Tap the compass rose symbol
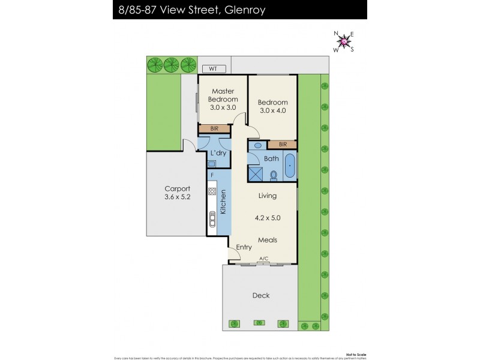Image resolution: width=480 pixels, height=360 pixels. (x=344, y=41)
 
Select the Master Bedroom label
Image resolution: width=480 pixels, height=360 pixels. (x=223, y=95)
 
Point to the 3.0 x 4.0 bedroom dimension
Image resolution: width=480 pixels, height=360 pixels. (x=273, y=110)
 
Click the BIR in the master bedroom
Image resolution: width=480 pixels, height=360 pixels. (x=214, y=128)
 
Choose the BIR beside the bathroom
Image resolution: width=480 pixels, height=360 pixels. (x=282, y=145)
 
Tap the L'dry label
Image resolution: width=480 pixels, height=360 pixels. (x=218, y=153)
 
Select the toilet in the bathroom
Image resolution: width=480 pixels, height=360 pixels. (x=274, y=175)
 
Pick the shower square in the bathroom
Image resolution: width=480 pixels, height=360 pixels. (x=257, y=173)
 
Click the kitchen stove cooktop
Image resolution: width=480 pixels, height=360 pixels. (x=212, y=192)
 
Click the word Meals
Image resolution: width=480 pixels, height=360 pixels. (x=267, y=240)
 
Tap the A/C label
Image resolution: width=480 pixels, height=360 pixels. (x=263, y=259)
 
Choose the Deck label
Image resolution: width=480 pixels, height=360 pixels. (x=261, y=295)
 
